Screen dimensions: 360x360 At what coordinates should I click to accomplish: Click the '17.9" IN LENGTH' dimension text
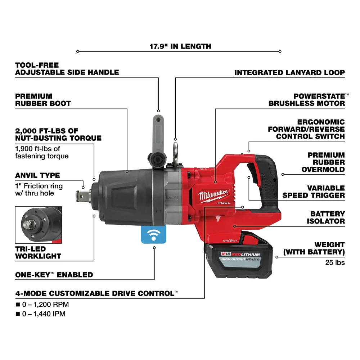point(180,46)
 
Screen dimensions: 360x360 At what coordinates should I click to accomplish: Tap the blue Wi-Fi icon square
point(154,235)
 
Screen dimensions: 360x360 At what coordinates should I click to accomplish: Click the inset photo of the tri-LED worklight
point(39,225)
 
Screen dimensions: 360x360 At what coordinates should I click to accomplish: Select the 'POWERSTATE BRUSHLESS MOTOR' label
point(307,100)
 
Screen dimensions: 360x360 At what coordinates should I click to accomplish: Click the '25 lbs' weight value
point(335,262)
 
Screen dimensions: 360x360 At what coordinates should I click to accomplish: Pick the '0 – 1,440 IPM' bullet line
point(40,314)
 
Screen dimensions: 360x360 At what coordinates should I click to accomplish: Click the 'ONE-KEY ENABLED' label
point(54,275)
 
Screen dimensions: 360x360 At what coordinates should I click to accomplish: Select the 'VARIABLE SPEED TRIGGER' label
point(313,192)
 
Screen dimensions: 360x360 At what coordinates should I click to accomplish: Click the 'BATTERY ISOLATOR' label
point(325,217)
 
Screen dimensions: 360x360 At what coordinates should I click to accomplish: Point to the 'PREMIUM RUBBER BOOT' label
point(43,100)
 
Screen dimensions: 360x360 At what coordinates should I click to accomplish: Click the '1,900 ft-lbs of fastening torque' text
point(42,152)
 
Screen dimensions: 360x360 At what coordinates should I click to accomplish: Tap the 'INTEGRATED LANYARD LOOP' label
point(289,72)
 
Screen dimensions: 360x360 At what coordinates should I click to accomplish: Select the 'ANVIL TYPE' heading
point(37,175)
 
